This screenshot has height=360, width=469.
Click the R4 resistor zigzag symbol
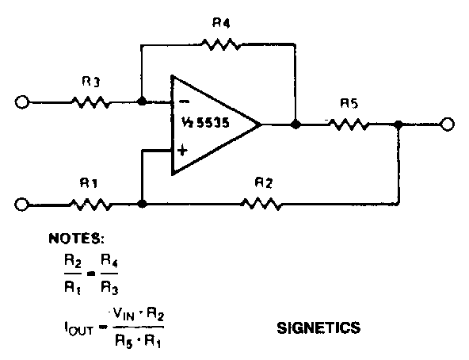[221, 44]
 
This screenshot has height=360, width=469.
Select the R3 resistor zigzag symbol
[90, 102]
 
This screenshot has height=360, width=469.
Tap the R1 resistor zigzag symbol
[91, 205]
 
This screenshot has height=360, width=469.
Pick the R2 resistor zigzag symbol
[261, 204]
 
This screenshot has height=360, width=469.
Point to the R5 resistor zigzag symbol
[349, 124]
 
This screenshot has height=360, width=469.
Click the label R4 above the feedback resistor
[221, 23]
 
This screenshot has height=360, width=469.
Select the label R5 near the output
[349, 103]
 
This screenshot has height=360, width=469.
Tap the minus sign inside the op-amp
[184, 102]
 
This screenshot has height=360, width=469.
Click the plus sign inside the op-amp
[182, 150]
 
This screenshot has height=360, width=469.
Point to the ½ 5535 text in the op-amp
[205, 122]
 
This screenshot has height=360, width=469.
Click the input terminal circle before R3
[22, 102]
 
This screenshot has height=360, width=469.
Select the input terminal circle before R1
[21, 205]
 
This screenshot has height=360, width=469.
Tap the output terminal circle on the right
[448, 124]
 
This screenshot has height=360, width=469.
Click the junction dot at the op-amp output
[296, 124]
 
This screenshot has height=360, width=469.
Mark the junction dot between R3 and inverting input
[142, 101]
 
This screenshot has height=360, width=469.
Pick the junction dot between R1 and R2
[142, 204]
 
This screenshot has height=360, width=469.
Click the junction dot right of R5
[398, 124]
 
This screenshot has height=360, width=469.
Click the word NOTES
[77, 239]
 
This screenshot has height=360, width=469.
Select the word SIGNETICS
[318, 327]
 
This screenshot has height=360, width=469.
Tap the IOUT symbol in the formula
[78, 328]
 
